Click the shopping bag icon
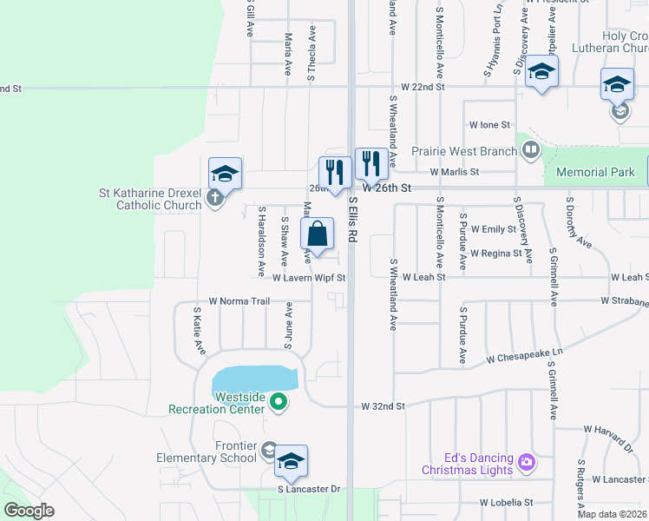(x=318, y=234)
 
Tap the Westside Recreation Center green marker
(x=279, y=401)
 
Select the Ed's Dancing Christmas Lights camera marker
(x=526, y=462)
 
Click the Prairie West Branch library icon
(x=530, y=151)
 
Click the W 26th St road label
(x=385, y=188)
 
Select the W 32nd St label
(x=383, y=406)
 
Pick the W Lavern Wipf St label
(x=309, y=279)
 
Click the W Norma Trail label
(x=239, y=301)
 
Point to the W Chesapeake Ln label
(x=524, y=357)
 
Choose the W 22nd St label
(x=423, y=88)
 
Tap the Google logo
(x=29, y=511)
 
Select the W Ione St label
(x=489, y=125)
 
